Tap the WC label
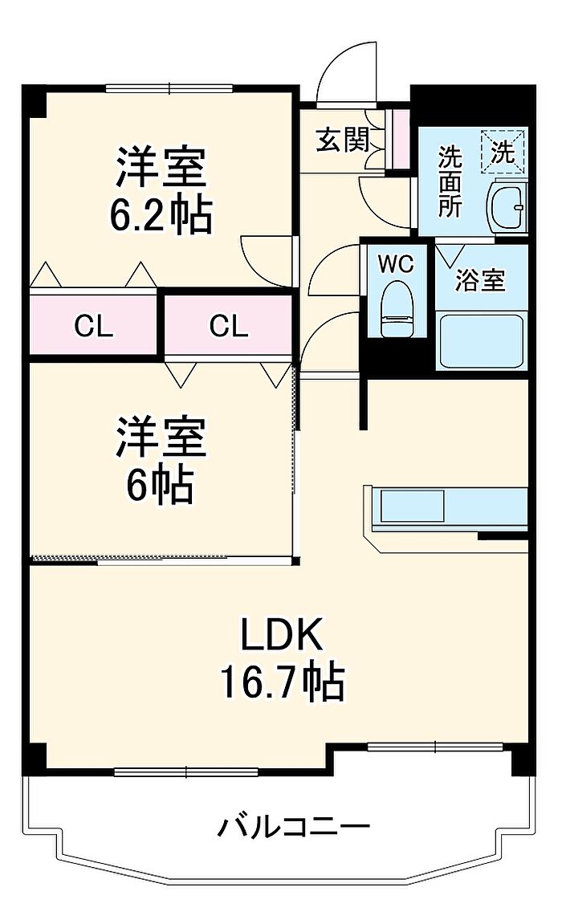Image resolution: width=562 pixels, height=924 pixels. (x=396, y=264)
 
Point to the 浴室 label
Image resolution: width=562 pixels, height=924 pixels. (x=480, y=281)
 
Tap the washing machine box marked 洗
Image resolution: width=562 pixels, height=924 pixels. (x=503, y=151)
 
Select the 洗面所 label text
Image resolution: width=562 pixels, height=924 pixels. (x=450, y=183)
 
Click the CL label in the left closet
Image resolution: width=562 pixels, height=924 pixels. (x=94, y=326)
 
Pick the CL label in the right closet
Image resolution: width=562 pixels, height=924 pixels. (x=229, y=326)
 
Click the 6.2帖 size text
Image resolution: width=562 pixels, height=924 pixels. (x=161, y=214)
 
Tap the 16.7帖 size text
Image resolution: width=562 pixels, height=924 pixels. (x=283, y=682)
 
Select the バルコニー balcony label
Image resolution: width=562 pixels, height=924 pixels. (x=294, y=825)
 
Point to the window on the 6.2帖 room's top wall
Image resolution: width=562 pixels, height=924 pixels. (x=169, y=88)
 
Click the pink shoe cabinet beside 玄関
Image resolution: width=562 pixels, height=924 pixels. (x=397, y=137)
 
